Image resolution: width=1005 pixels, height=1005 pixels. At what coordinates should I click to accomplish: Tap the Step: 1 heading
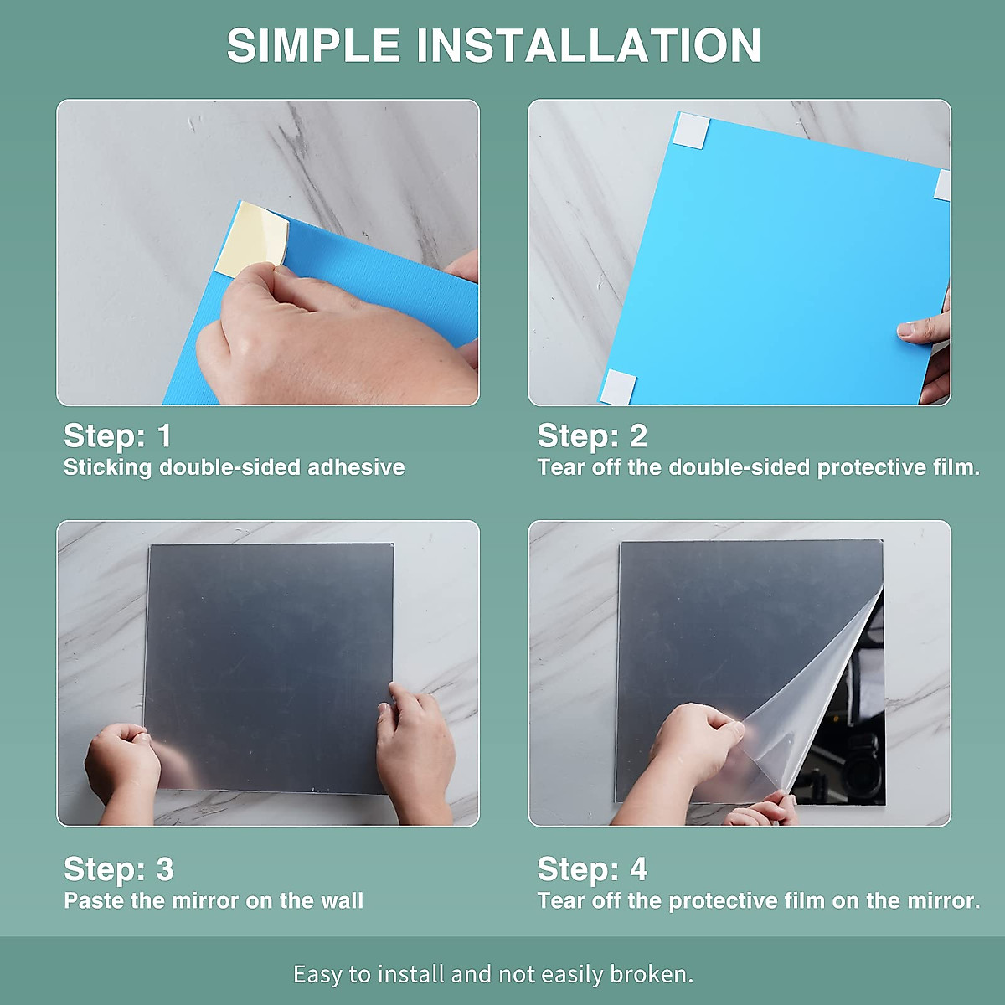(118, 435)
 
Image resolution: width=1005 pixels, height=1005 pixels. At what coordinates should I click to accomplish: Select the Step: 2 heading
(592, 435)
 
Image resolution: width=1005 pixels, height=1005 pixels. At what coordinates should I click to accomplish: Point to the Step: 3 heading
(119, 869)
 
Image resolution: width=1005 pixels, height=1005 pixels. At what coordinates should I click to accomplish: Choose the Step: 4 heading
(592, 869)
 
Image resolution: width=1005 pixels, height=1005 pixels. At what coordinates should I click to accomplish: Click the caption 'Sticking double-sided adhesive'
(234, 467)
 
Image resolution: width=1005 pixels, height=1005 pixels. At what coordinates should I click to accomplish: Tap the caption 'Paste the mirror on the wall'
(214, 901)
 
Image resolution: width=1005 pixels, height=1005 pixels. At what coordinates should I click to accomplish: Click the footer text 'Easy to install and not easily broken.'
(493, 974)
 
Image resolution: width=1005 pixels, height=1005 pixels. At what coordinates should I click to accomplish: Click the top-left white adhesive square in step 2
(690, 131)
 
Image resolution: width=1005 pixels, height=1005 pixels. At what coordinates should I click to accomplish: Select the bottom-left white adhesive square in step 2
(617, 386)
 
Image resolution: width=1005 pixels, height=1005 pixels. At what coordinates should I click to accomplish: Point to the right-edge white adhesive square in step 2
(942, 185)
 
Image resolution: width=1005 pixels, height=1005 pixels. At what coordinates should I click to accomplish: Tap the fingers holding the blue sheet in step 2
(925, 331)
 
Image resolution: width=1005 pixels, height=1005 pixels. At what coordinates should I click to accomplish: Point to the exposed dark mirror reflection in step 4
(846, 754)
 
